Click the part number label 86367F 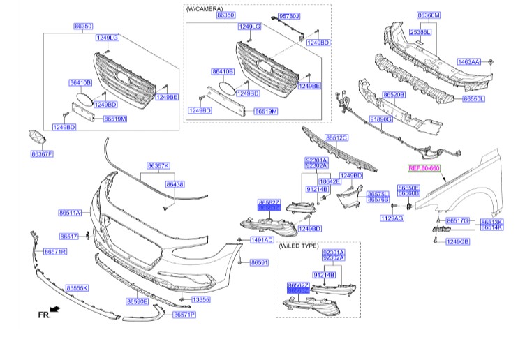point(41,153)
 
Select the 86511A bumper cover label point(70,212)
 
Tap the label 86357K point(158,165)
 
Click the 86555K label point(77,287)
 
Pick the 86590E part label point(137,301)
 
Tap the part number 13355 point(200,299)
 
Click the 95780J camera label point(289,15)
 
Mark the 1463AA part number point(468,62)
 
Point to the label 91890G point(381,119)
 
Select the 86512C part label point(336,138)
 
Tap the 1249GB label point(459,241)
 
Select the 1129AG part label point(392,218)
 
